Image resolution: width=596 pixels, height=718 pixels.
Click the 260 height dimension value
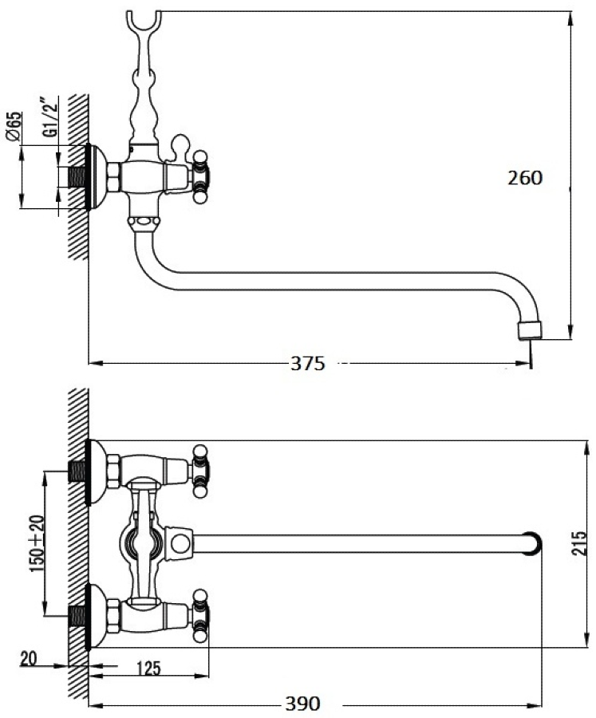tap(524, 178)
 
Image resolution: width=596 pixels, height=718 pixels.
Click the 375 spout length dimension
tap(307, 364)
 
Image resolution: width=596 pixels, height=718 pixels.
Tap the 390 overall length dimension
tap(303, 704)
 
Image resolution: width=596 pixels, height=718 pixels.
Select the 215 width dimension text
tap(579, 543)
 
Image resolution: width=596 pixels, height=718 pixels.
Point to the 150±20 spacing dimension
tap(37, 543)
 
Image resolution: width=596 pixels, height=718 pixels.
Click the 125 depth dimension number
tap(149, 669)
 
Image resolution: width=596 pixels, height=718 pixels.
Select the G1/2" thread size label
tap(51, 116)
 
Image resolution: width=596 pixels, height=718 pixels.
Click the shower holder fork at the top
tap(144, 21)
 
